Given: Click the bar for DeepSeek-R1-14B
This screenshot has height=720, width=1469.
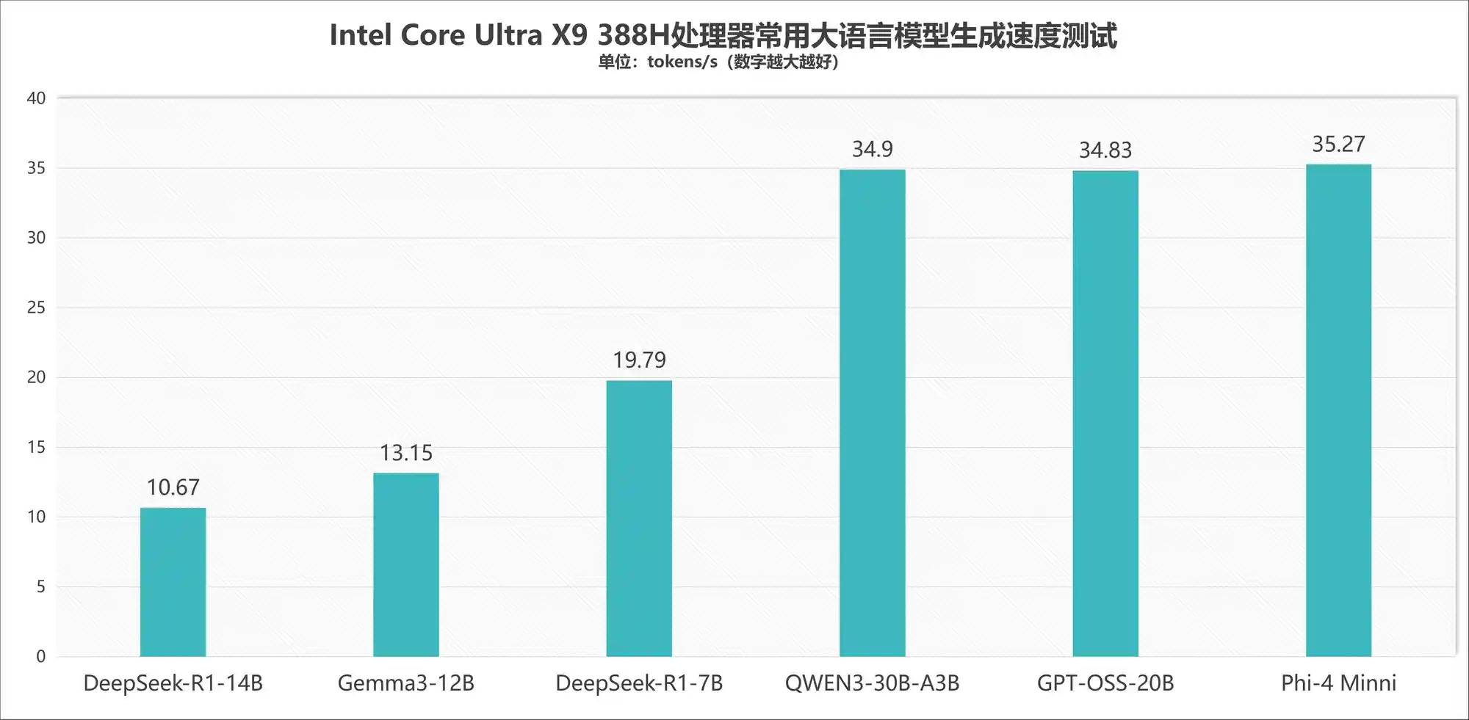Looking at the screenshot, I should (x=173, y=582).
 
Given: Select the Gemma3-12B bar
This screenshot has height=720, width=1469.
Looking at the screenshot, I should (x=405, y=564).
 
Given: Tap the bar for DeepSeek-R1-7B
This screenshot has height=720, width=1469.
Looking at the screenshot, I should (x=639, y=518).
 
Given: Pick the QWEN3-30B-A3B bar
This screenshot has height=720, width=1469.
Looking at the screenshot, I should (x=872, y=412).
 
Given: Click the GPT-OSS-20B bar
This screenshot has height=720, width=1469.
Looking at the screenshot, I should (x=1105, y=413).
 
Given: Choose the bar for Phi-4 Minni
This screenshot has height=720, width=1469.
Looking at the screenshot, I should (x=1338, y=410).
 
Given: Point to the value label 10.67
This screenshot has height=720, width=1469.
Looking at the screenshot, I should (x=173, y=487).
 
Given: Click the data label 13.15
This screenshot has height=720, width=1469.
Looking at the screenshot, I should (x=405, y=453).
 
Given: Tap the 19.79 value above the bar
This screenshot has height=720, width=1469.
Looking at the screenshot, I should (x=639, y=360).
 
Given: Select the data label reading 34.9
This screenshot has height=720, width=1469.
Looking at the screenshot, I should (x=872, y=150).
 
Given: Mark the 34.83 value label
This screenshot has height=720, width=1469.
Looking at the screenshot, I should (x=1105, y=150).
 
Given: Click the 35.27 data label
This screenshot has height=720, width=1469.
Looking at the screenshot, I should (x=1338, y=145).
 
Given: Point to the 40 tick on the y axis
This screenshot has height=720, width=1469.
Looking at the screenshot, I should (x=36, y=98).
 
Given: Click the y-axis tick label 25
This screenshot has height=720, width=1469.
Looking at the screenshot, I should (x=36, y=308).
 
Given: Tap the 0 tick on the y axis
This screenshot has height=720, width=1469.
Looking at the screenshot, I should (x=40, y=656).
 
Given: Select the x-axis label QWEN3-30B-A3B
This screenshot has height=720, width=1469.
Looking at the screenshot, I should (x=872, y=683).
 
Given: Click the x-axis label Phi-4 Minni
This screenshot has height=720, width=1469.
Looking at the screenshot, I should (x=1338, y=683).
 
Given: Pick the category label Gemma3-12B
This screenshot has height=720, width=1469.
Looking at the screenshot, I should (x=405, y=683).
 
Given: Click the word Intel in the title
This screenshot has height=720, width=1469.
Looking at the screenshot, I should (x=360, y=35).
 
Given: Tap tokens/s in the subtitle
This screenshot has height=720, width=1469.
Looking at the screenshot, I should (x=682, y=62).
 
